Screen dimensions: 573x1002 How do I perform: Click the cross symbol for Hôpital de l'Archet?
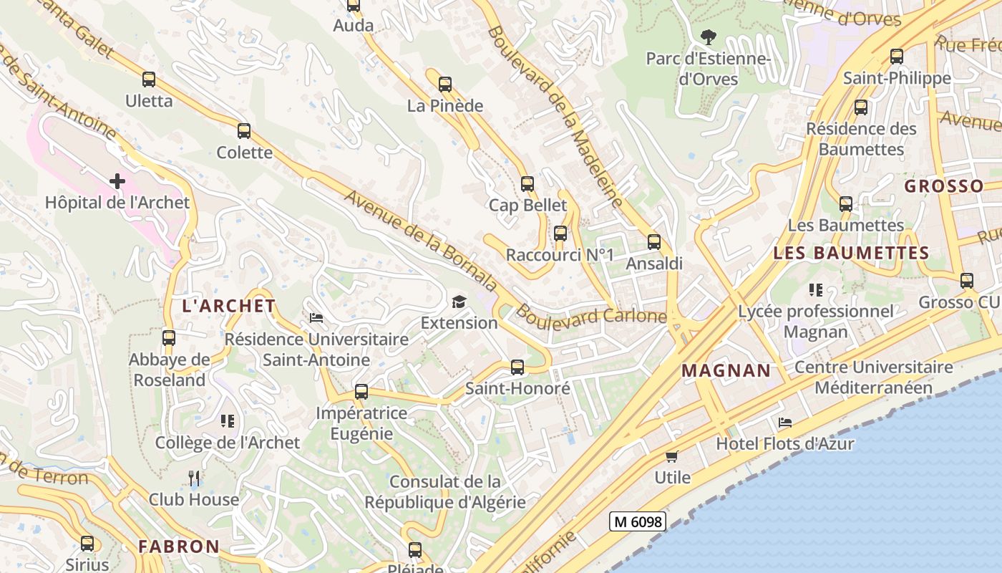click(117, 181)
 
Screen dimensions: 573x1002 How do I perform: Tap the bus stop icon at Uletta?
click(149, 80)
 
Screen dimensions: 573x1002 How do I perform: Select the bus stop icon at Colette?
click(244, 131)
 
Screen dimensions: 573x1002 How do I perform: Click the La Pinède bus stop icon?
click(445, 85)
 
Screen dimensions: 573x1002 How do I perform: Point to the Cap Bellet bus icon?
click(527, 184)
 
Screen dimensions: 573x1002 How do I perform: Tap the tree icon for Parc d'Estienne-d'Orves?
click(709, 37)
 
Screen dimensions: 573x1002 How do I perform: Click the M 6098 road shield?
click(638, 521)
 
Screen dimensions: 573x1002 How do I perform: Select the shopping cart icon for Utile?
click(671, 456)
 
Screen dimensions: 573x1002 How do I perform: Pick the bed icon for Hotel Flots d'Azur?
click(785, 423)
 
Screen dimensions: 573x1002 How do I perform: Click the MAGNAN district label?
click(726, 371)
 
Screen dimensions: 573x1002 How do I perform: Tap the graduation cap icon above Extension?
click(459, 302)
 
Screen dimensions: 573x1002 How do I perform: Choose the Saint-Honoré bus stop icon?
click(517, 367)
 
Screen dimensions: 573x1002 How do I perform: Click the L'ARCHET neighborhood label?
click(229, 306)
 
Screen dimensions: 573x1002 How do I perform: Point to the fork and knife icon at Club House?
click(193, 478)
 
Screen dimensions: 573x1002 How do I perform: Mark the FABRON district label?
click(179, 546)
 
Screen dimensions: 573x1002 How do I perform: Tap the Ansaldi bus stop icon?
click(654, 242)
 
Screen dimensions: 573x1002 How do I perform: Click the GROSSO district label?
click(944, 186)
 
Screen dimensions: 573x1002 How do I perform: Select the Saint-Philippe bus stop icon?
click(897, 57)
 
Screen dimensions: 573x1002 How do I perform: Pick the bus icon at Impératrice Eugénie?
click(361, 392)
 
